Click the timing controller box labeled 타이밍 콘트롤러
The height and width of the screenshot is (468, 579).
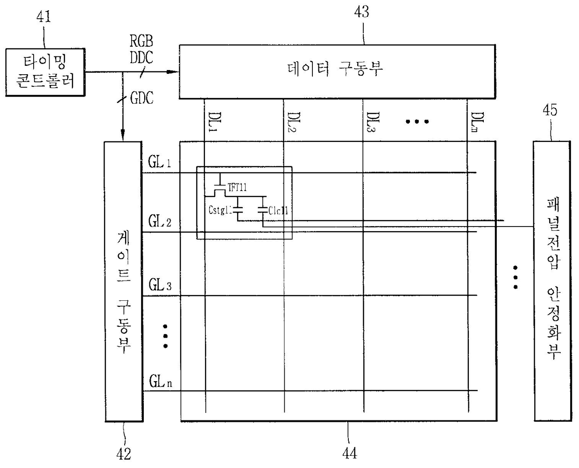[x=45, y=72]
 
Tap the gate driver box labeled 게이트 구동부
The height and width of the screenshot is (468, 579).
[x=123, y=281]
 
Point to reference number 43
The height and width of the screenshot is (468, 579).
[x=361, y=12]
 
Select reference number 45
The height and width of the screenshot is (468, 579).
[x=550, y=110]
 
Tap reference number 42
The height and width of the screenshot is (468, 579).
[x=123, y=453]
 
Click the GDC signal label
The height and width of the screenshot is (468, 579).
[x=141, y=98]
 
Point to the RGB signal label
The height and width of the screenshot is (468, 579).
[x=141, y=41]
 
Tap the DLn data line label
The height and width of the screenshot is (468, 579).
[x=477, y=122]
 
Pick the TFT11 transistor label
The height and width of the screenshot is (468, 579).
[x=237, y=187]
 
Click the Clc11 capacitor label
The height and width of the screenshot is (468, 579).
[x=278, y=211]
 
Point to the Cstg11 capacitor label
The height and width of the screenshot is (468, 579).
[x=220, y=210]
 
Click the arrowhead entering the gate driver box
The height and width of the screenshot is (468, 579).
[x=123, y=136]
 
